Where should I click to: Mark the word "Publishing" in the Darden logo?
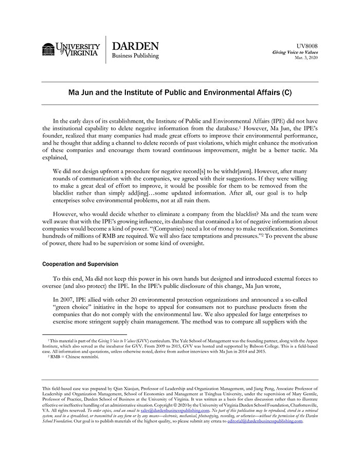point(146,56)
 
